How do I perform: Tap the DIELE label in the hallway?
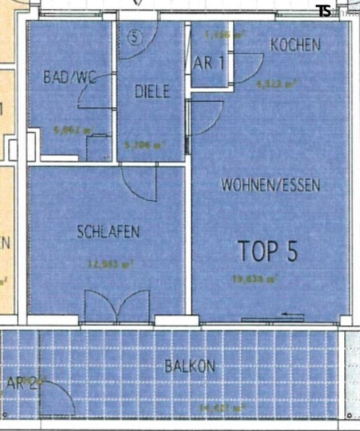pos(152,91)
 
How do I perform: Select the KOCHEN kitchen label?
pos(295,45)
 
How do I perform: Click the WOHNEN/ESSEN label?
pos(270,184)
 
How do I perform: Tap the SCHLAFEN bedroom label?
pos(107,232)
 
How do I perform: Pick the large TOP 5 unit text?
pos(268,251)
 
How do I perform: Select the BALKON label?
pos(190,367)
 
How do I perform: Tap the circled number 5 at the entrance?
pos(134,34)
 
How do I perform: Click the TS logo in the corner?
pos(324,10)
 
